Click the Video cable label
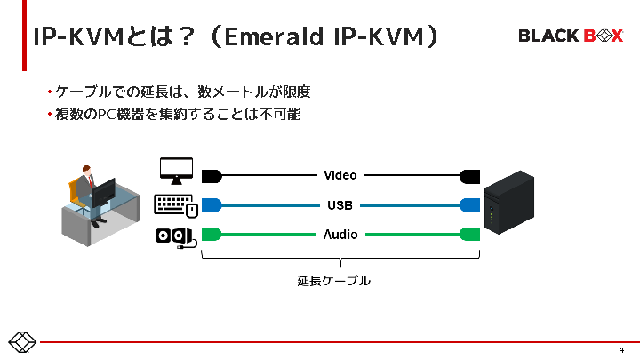pyautogui.click(x=340, y=175)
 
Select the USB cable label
pyautogui.click(x=340, y=205)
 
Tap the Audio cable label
pyautogui.click(x=340, y=235)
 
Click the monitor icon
pyautogui.click(x=175, y=171)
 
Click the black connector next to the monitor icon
pyautogui.click(x=212, y=175)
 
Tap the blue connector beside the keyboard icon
pyautogui.click(x=212, y=205)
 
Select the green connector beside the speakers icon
pyautogui.click(x=212, y=235)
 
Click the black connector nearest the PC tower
pyautogui.click(x=470, y=175)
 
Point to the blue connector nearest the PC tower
pyautogui.click(x=470, y=205)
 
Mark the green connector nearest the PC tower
pyautogui.click(x=470, y=235)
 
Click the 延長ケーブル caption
pyautogui.click(x=333, y=281)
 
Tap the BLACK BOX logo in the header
pyautogui.click(x=571, y=36)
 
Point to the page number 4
pyautogui.click(x=621, y=349)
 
